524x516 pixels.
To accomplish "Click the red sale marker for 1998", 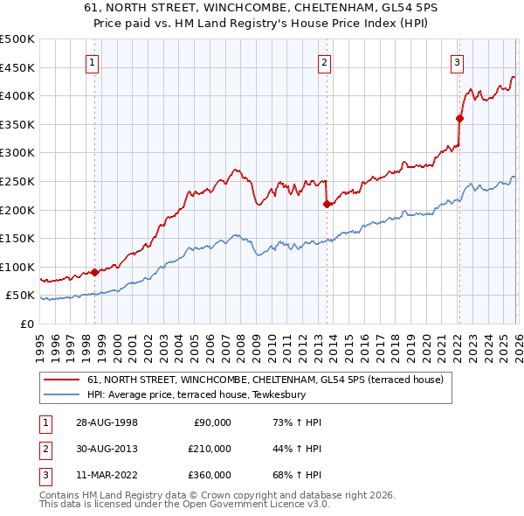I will (x=94, y=272).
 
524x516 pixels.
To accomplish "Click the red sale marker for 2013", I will (x=326, y=204).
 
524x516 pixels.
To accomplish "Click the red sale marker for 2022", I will (x=458, y=118).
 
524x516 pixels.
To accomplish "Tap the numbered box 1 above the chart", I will (x=93, y=62).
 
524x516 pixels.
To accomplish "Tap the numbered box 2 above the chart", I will (x=324, y=62).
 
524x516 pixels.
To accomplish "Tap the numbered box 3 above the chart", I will (x=457, y=62).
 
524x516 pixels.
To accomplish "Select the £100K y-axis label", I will (x=17, y=267).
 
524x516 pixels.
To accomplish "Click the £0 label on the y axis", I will (x=27, y=324).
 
